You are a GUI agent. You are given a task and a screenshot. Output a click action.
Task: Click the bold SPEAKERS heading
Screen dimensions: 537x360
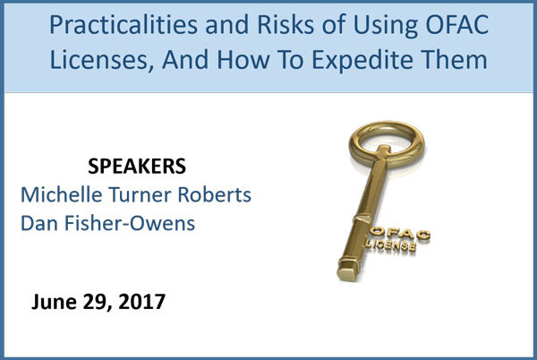click(137, 167)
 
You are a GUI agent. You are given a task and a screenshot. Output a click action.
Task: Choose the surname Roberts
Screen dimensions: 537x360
click(215, 194)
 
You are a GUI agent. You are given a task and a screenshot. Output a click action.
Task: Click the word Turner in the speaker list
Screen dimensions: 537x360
click(141, 194)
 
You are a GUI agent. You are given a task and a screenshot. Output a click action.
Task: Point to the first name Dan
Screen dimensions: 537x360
click(39, 223)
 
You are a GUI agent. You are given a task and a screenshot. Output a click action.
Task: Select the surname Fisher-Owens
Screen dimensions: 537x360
click(130, 223)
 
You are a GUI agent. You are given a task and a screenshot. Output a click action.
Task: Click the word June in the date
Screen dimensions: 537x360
click(54, 302)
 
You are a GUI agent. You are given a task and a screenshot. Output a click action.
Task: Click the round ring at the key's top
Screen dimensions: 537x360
click(387, 126)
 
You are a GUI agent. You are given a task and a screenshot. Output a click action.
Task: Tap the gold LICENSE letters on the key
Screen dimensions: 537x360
click(391, 245)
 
